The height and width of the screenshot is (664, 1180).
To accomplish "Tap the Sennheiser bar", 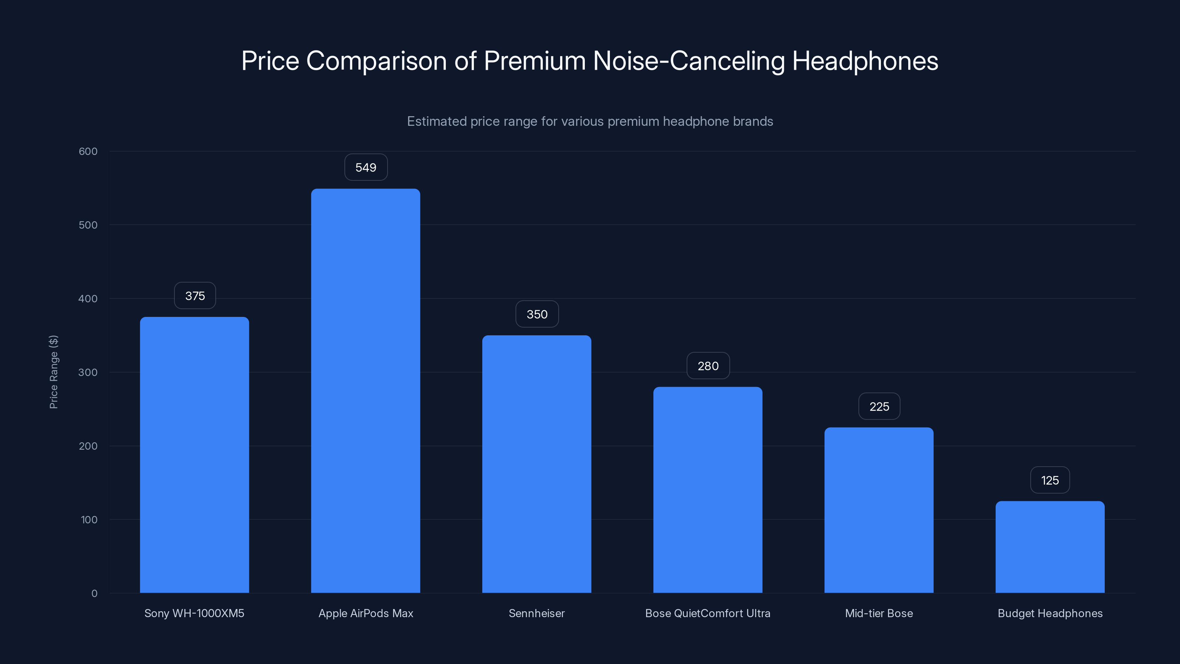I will pyautogui.click(x=537, y=464).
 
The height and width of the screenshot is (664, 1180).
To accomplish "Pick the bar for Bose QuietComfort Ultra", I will pyautogui.click(x=708, y=490).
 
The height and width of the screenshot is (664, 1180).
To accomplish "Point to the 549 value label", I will pyautogui.click(x=365, y=167).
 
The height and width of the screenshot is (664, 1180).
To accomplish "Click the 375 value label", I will pyautogui.click(x=195, y=295).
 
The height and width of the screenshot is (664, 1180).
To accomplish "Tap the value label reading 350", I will pyautogui.click(x=537, y=314).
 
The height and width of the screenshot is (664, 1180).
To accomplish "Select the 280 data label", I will pyautogui.click(x=708, y=366).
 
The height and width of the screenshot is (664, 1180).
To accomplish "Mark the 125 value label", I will pyautogui.click(x=1050, y=480).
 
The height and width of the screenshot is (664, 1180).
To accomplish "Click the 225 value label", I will pyautogui.click(x=879, y=406).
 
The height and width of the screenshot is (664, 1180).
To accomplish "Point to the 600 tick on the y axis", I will pyautogui.click(x=88, y=151).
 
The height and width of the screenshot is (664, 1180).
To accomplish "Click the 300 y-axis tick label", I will pyautogui.click(x=88, y=372).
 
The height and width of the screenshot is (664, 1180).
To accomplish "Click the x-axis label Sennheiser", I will pyautogui.click(x=537, y=613).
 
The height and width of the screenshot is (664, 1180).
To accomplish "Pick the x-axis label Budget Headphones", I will pyautogui.click(x=1050, y=613).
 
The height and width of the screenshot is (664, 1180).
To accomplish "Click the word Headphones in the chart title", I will pyautogui.click(x=865, y=61).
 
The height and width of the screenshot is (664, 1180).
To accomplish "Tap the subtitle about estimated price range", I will pyautogui.click(x=590, y=121).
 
